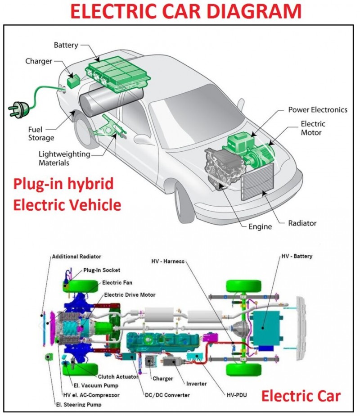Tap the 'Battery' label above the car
coord(66,45)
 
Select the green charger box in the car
coord(72,81)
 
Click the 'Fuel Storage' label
coord(41,133)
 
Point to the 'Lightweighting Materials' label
coord(64,158)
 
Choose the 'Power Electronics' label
coord(318,110)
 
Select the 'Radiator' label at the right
coord(302,223)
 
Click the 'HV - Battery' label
coord(297,256)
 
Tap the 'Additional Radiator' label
coord(76,256)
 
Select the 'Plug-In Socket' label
coord(101,271)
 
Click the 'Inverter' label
coord(197,384)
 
